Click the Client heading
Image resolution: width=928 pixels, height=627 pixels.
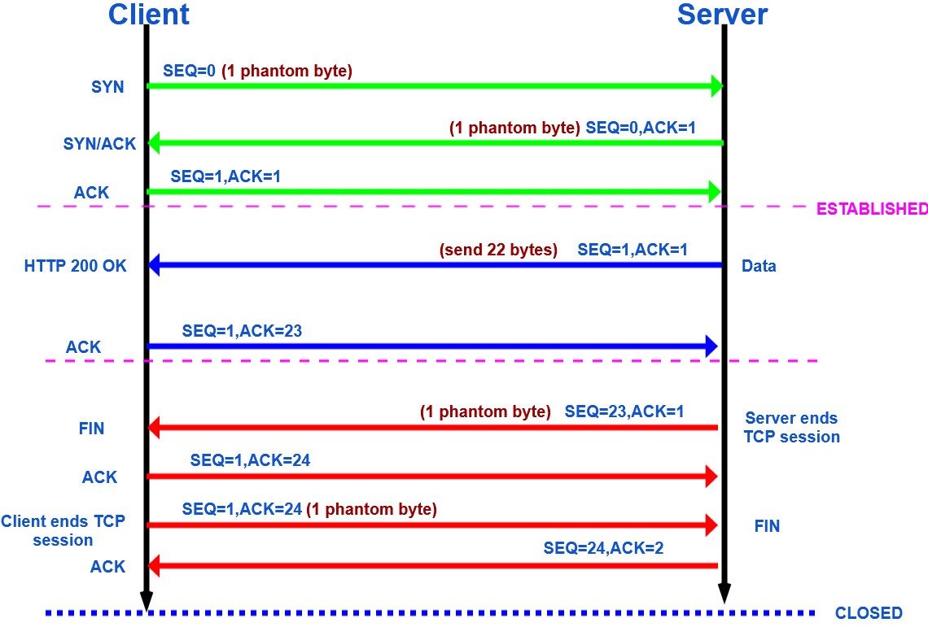click(x=148, y=14)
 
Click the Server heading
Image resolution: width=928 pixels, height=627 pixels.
click(x=722, y=14)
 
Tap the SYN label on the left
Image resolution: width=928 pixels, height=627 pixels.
click(x=108, y=86)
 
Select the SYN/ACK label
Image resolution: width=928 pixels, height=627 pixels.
click(x=100, y=144)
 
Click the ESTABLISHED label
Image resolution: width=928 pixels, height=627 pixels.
click(x=871, y=208)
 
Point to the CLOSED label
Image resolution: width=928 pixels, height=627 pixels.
click(x=869, y=613)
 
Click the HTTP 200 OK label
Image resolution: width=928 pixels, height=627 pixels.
click(x=76, y=265)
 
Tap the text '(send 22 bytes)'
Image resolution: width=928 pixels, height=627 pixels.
click(x=498, y=250)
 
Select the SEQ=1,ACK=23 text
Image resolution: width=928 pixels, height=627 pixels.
click(x=243, y=330)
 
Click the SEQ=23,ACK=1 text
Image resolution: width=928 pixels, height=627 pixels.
click(x=624, y=411)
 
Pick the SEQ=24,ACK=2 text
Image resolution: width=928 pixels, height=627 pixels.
click(x=603, y=548)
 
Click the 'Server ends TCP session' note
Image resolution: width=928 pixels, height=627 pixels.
click(x=792, y=428)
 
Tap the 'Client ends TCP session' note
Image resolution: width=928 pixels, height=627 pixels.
click(x=63, y=530)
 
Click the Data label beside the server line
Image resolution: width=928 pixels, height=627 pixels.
click(x=759, y=266)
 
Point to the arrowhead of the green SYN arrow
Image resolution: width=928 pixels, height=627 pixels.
click(x=716, y=86)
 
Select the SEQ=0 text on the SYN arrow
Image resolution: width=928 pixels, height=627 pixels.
click(x=190, y=71)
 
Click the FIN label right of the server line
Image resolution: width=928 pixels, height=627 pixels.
click(x=767, y=526)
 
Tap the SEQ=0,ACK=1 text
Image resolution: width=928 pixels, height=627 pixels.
click(x=641, y=128)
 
